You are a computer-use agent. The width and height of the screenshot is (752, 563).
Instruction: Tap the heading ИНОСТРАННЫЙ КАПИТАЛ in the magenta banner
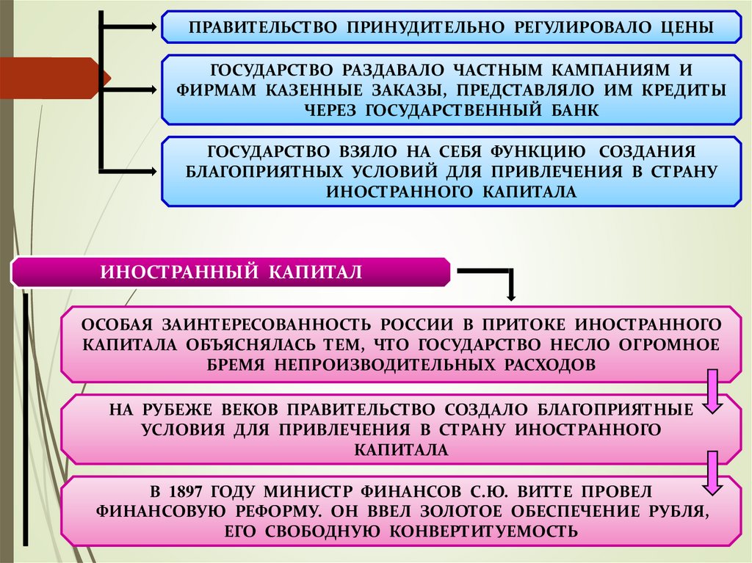(x=231, y=272)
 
